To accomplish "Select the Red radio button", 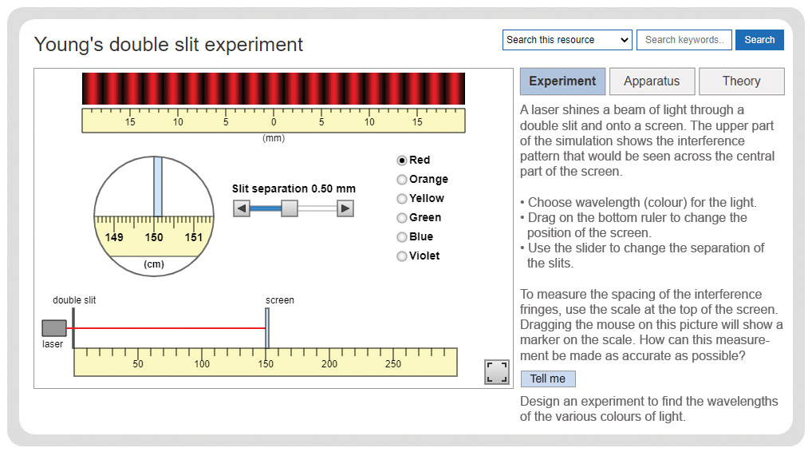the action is point(401,161).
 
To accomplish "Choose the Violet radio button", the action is point(401,256).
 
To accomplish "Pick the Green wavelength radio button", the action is point(401,218).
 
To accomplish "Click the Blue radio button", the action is point(401,237).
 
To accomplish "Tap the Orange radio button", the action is point(401,180).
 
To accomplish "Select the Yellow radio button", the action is point(401,199).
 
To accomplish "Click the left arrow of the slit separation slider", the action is point(242,208).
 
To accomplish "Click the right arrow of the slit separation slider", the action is point(345,208).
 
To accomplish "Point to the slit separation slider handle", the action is point(290,208).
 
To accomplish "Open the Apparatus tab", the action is point(652,81).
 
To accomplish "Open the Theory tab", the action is point(742,81).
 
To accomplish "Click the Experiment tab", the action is point(562,81).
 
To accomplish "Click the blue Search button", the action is point(759,40).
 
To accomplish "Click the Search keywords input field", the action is point(684,40).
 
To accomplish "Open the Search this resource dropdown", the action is point(567,40).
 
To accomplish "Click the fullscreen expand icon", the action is point(497,372).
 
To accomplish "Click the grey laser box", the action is point(54,328).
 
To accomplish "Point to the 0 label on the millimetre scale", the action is point(274,122).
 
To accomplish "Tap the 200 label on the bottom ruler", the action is point(329,364).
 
